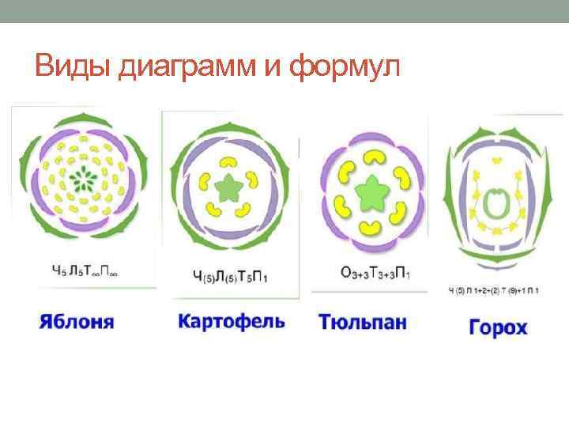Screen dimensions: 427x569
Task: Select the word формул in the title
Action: pyautogui.click(x=345, y=67)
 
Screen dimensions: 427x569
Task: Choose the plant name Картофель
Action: pyautogui.click(x=231, y=322)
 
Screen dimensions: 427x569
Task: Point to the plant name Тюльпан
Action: pyautogui.click(x=363, y=323)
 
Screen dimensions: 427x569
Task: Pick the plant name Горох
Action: pyautogui.click(x=497, y=327)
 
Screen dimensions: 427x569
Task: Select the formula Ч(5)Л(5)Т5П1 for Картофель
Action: pyautogui.click(x=230, y=275)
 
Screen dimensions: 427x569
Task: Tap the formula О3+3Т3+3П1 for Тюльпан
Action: pyautogui.click(x=370, y=272)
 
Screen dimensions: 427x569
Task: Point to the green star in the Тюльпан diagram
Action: pyautogui.click(x=369, y=191)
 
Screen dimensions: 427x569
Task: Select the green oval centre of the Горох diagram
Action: pyautogui.click(x=496, y=203)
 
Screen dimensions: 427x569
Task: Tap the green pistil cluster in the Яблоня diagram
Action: pyautogui.click(x=81, y=176)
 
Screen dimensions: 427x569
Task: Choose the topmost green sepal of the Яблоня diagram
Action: pyautogui.click(x=80, y=119)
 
